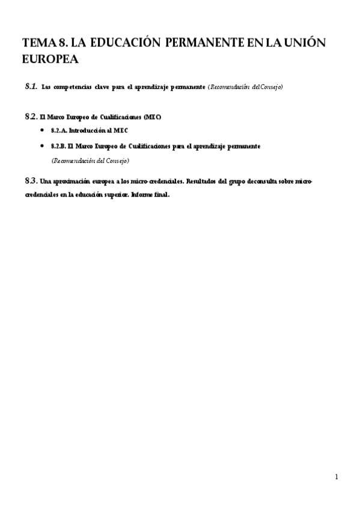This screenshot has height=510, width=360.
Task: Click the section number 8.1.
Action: pyautogui.click(x=31, y=87)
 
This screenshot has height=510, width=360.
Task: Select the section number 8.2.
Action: pyautogui.click(x=31, y=116)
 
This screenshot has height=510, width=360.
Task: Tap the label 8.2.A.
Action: pyautogui.click(x=58, y=131)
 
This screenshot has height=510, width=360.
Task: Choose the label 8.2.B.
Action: pyautogui.click(x=58, y=146)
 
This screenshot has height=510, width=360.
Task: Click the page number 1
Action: pyautogui.click(x=337, y=478)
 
